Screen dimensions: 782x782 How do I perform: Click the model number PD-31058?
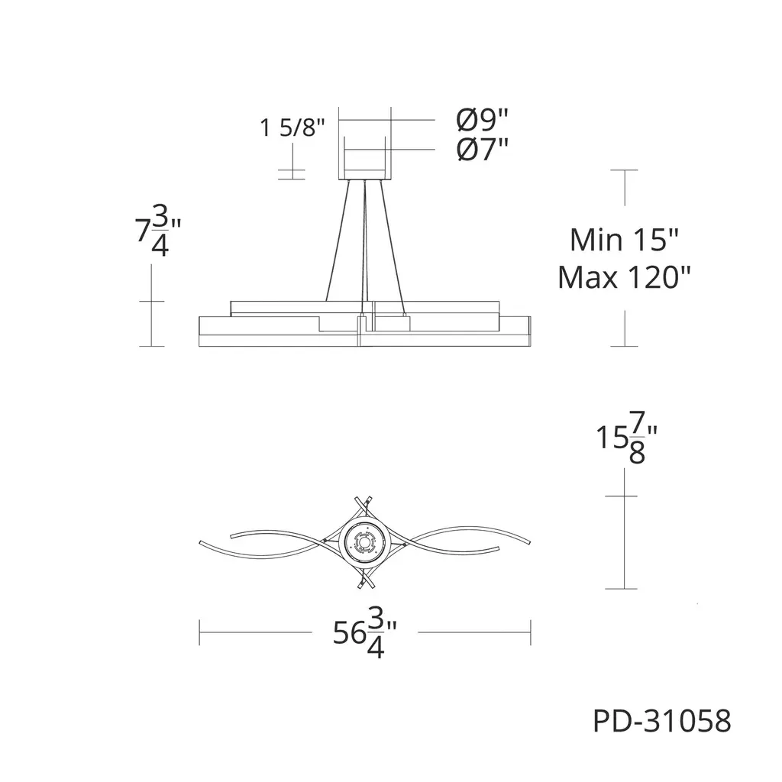pos(662,721)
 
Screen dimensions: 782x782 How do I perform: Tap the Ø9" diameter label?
pos(483,119)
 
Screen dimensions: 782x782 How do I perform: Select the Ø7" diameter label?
pos(483,149)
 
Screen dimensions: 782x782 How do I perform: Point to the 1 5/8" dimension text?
pos(292,128)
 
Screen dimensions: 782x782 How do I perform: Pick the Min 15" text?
pos(625,240)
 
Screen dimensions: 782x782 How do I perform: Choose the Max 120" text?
pos(625,277)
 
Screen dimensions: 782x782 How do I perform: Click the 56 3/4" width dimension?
pos(365,632)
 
